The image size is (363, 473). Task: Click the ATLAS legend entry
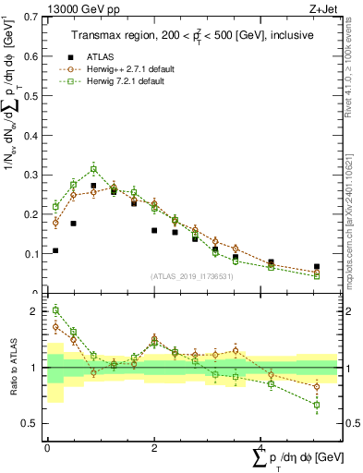pyautogui.click(x=99, y=55)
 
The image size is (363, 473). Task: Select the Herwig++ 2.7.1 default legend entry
pyautogui.click(x=122, y=68)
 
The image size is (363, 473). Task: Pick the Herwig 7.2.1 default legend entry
pyautogui.click(x=119, y=81)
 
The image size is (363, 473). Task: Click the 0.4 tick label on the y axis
pyautogui.click(x=31, y=136)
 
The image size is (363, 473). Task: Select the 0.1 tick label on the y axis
pyautogui.click(x=31, y=254)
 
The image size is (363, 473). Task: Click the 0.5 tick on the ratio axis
pyautogui.click(x=31, y=424)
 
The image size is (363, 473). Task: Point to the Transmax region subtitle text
pyautogui.click(x=192, y=34)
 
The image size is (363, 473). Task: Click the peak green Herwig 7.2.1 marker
pyautogui.click(x=93, y=169)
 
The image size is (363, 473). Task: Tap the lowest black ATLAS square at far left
pyautogui.click(x=55, y=250)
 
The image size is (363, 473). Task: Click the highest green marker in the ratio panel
pyautogui.click(x=55, y=310)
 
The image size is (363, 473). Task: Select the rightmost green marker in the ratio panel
pyautogui.click(x=317, y=405)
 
